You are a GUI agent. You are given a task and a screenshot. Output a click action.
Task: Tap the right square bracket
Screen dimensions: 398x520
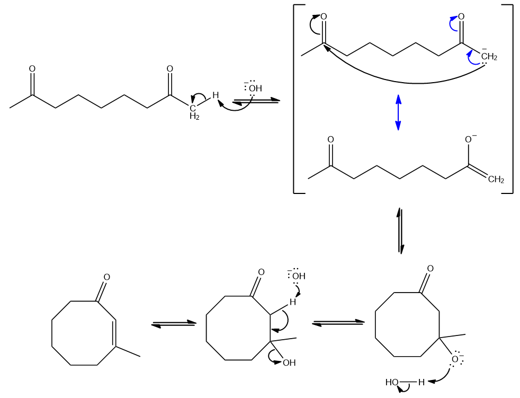(512, 99)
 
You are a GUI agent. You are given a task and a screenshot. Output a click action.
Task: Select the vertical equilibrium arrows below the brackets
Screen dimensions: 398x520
(401, 231)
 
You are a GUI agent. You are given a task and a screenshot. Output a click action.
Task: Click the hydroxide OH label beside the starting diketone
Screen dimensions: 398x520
(255, 88)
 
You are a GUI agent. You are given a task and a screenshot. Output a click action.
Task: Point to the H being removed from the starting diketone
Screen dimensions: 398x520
(216, 95)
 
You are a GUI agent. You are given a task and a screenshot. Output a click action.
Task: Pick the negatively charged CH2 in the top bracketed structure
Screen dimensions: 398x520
(488, 57)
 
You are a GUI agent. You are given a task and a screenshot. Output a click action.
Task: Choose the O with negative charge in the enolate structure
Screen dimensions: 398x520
(469, 140)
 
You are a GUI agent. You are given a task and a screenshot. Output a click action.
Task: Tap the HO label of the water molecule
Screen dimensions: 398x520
(392, 382)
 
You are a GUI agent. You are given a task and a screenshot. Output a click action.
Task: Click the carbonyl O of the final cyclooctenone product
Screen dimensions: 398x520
(107, 277)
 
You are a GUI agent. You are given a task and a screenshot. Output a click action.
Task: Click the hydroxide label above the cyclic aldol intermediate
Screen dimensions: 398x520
(299, 276)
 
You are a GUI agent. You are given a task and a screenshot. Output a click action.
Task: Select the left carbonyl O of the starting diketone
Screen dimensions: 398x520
(32, 69)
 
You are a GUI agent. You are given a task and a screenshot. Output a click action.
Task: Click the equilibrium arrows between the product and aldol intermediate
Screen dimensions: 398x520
(173, 323)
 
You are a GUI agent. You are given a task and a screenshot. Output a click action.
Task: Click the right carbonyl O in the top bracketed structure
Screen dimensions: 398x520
(461, 17)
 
